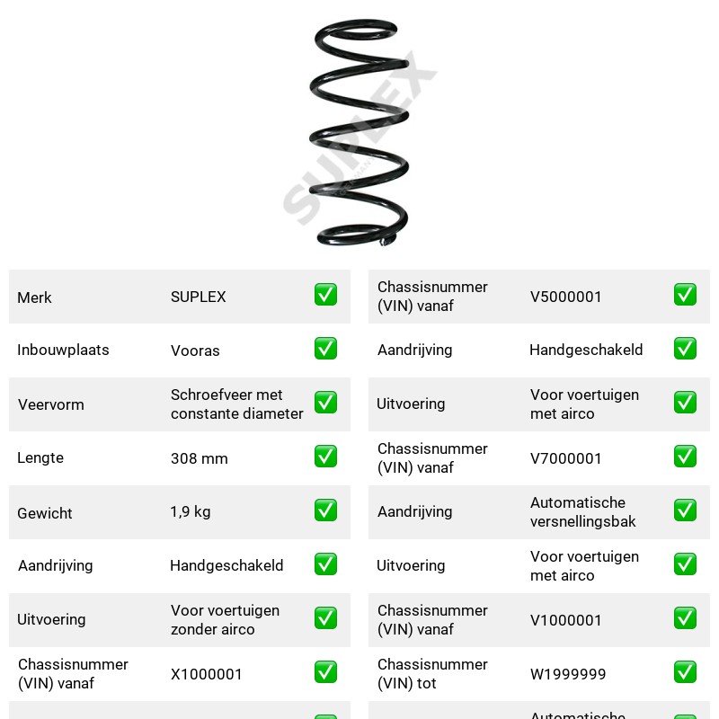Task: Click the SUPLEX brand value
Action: pos(198,297)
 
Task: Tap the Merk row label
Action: pos(34,297)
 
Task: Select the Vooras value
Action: pos(195,351)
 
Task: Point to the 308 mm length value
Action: pos(199,458)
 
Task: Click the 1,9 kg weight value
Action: pos(191,511)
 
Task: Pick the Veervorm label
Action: pos(51,404)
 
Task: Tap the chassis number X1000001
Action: pos(206,674)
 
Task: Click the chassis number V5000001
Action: pos(565,297)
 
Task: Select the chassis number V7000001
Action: pos(565,458)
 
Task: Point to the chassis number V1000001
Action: pos(565,620)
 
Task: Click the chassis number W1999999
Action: pos(568,674)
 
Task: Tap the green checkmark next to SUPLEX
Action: pos(325,295)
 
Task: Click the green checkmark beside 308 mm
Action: pos(325,457)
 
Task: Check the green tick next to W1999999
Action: pos(685,671)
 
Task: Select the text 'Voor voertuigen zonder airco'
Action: pos(225,620)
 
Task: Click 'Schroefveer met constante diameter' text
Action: pos(236,404)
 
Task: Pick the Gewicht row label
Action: pos(44,513)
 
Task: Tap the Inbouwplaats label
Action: pos(63,350)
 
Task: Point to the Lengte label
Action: pos(40,458)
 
